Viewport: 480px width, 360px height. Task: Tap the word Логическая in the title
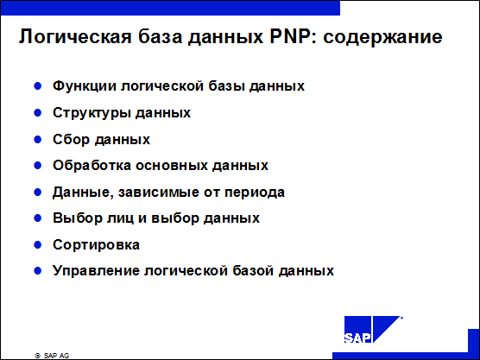(75, 37)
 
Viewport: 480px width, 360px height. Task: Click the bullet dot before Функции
(38, 85)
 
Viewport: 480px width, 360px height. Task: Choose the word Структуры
(92, 113)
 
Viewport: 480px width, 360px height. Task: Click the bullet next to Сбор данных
(38, 139)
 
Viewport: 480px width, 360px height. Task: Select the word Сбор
(71, 140)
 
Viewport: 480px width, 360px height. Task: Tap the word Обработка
(92, 165)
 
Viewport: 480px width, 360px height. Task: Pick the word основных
(172, 166)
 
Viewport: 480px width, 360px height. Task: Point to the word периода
(255, 193)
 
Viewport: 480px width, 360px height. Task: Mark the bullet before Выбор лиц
(38, 218)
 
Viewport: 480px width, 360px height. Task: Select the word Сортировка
(96, 245)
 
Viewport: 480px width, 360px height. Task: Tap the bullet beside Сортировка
(38, 245)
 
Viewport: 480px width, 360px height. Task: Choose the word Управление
(96, 271)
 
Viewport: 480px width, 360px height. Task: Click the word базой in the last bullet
(253, 270)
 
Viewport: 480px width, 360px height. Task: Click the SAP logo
(373, 329)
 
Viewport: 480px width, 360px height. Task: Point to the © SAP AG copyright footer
(52, 356)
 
